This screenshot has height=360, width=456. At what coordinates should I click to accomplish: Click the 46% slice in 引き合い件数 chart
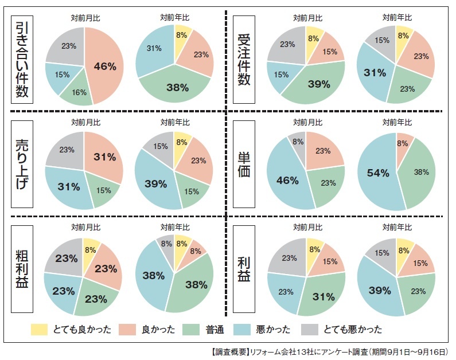point(105,66)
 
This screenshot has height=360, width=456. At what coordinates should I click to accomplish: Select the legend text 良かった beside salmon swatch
point(158,330)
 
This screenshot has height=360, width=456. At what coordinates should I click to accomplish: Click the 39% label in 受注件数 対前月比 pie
point(319,84)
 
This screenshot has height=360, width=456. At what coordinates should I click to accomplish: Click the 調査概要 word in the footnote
point(233,351)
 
